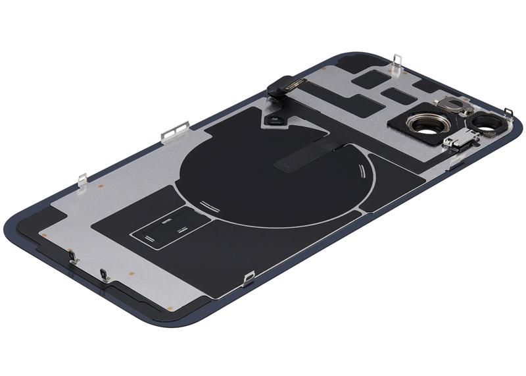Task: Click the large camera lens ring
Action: click(x=421, y=122)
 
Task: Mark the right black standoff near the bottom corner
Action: click(x=103, y=273)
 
